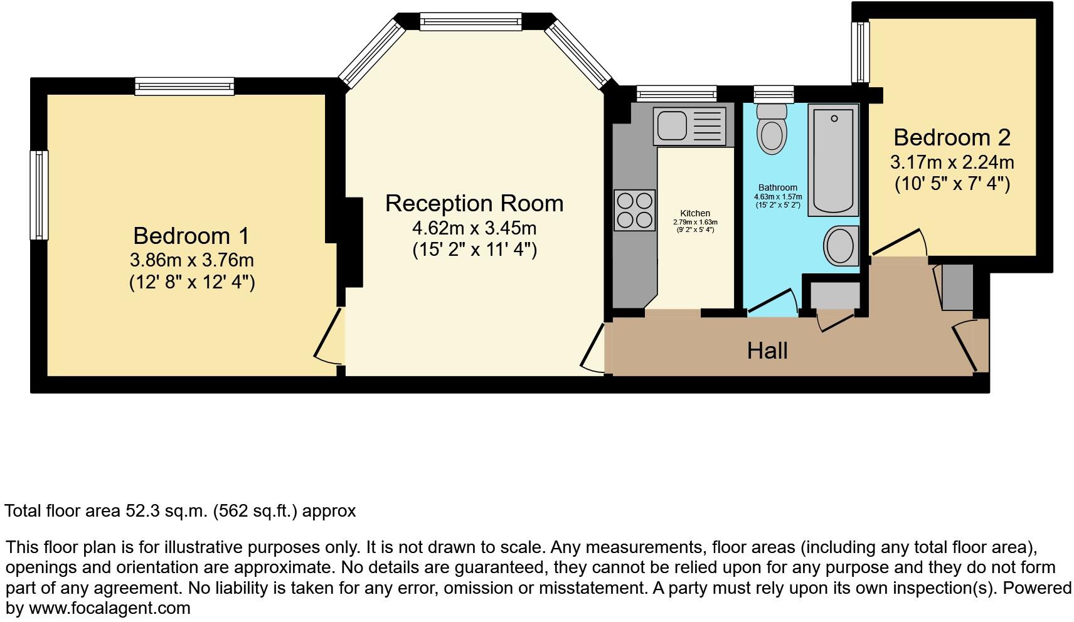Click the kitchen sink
pyautogui.click(x=688, y=125)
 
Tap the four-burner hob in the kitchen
pyautogui.click(x=635, y=210)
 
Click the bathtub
pyautogui.click(x=833, y=161)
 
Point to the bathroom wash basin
pyautogui.click(x=840, y=245)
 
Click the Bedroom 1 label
pyautogui.click(x=191, y=236)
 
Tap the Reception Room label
pyautogui.click(x=474, y=204)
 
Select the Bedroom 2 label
pyautogui.click(x=952, y=137)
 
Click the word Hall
pyautogui.click(x=767, y=351)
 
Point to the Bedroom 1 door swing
pyautogui.click(x=329, y=339)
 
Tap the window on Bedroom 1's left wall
pyautogui.click(x=40, y=195)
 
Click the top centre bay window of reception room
pyautogui.click(x=470, y=22)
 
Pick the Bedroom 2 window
pyautogui.click(x=860, y=52)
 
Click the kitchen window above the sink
pyautogui.click(x=676, y=94)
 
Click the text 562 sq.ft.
pyautogui.click(x=254, y=511)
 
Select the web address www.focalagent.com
pyautogui.click(x=109, y=608)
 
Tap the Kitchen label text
pyautogui.click(x=695, y=214)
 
